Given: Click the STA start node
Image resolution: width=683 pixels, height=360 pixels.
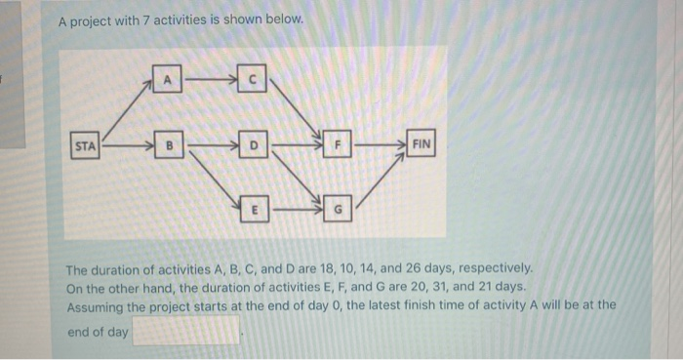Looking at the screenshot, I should click(86, 147).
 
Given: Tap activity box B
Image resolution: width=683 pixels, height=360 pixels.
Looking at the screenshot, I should click(167, 147).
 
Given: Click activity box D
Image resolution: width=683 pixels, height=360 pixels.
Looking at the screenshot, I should click(254, 147).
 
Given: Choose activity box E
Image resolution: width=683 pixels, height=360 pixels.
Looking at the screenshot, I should click(255, 207).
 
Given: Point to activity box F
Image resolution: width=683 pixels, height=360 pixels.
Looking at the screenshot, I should click(338, 147).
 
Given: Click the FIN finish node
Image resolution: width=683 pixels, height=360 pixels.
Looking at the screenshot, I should click(422, 147).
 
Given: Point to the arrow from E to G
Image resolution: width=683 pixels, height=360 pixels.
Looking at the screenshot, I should click(297, 207).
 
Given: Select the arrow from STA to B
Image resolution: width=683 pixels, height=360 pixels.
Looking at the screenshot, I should click(127, 147).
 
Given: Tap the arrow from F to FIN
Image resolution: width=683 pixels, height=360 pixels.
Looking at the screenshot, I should click(379, 147).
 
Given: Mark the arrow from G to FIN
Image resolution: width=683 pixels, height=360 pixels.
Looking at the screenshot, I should click(379, 180).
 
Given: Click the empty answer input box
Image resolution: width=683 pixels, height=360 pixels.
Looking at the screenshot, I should click(186, 332).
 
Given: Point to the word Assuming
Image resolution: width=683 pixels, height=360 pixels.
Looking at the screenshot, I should click(100, 305).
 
